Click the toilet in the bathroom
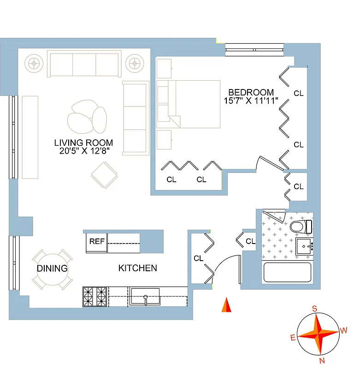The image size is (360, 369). (301, 227)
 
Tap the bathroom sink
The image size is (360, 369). (304, 247)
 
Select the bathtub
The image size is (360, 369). (287, 273)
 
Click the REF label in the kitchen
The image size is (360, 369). (96, 241)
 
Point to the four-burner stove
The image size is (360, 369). (94, 296)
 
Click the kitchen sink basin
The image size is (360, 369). (145, 296)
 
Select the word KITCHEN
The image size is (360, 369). (137, 268)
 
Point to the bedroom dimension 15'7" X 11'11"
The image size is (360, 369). (251, 101)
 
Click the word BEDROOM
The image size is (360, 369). (251, 92)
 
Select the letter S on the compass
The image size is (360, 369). (315, 309)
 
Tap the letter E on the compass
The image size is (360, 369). (293, 338)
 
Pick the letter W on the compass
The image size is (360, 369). (343, 330)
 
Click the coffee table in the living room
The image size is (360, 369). (87, 117)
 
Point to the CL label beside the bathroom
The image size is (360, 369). (250, 241)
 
